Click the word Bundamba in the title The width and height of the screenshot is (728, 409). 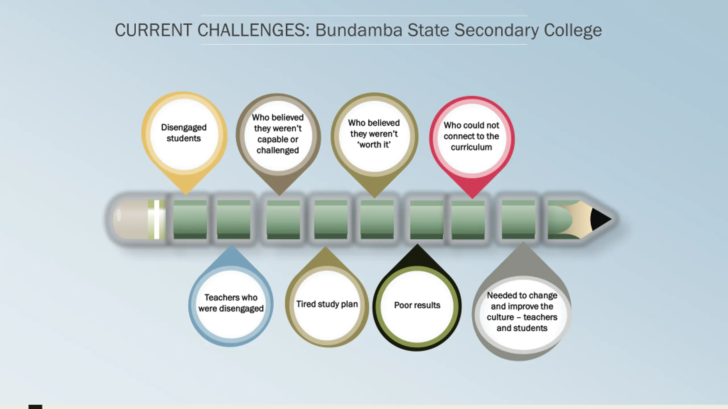[x=359, y=30]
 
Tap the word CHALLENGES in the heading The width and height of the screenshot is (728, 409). [x=253, y=30]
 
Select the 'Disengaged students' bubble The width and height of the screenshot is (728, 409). [x=184, y=133]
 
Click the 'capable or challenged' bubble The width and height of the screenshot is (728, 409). [x=278, y=134]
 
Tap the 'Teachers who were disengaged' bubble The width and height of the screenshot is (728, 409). [x=231, y=303]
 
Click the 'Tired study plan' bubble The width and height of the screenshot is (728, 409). [x=327, y=304]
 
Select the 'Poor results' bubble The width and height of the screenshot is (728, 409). [x=417, y=306]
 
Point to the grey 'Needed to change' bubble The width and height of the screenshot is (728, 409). [x=522, y=312]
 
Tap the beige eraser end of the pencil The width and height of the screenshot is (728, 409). [x=129, y=219]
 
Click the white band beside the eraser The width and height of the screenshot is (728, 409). [x=157, y=219]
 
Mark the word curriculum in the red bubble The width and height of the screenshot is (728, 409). [x=471, y=147]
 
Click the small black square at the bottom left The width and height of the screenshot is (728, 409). [x=35, y=407]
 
